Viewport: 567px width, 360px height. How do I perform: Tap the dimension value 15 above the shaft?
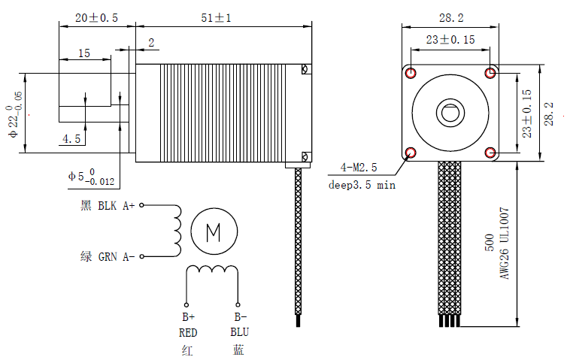click(x=83, y=53)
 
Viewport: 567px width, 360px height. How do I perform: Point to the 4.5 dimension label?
click(x=72, y=139)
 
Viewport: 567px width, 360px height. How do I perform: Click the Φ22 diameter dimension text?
click(x=14, y=113)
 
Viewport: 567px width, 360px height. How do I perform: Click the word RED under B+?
click(x=187, y=332)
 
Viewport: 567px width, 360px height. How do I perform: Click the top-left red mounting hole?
click(x=411, y=72)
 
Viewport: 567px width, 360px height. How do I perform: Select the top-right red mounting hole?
click(x=490, y=72)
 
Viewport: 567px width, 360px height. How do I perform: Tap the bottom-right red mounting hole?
click(x=490, y=153)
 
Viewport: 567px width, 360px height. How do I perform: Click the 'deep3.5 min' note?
click(x=362, y=185)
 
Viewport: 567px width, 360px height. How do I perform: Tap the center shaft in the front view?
click(x=450, y=113)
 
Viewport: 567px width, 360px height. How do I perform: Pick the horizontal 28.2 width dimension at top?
click(x=450, y=17)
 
